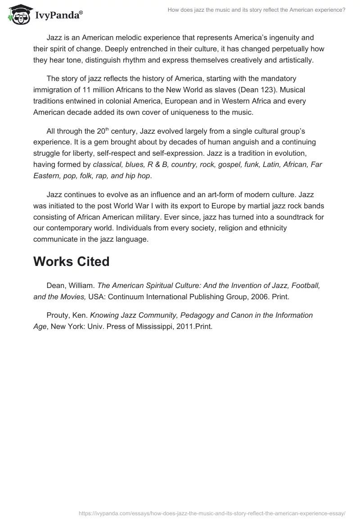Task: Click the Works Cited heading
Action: (71, 261)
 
